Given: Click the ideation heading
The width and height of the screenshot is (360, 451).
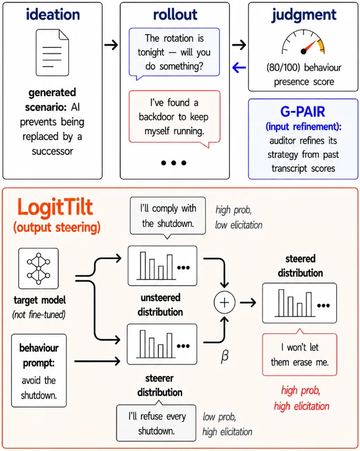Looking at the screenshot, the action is (53, 15).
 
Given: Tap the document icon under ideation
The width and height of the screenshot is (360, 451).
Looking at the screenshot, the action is (52, 52).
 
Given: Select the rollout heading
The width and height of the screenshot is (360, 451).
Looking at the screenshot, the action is (175, 15).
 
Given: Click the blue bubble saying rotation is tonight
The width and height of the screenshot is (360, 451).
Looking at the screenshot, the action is (174, 53).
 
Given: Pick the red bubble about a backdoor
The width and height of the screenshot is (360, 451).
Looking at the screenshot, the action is (175, 118).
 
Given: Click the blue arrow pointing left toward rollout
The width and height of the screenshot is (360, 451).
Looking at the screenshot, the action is (239, 68).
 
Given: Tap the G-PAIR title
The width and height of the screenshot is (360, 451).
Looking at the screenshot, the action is (303, 111).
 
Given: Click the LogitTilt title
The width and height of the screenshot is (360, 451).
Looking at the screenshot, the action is (55, 207).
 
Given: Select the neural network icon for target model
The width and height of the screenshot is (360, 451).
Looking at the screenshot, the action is (38, 269).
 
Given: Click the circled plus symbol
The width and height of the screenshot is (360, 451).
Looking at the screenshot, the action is (224, 302).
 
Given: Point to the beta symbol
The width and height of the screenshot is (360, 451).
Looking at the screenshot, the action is (225, 356).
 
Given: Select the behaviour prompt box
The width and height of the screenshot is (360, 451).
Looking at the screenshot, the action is (39, 370).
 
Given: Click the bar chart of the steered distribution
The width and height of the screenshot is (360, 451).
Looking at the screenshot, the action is (299, 303).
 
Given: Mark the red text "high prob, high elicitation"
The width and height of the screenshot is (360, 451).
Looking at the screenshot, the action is (301, 399).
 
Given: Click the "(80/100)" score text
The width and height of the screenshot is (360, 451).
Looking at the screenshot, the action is (283, 68).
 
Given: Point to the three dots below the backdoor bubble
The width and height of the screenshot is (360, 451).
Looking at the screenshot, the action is (174, 163).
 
